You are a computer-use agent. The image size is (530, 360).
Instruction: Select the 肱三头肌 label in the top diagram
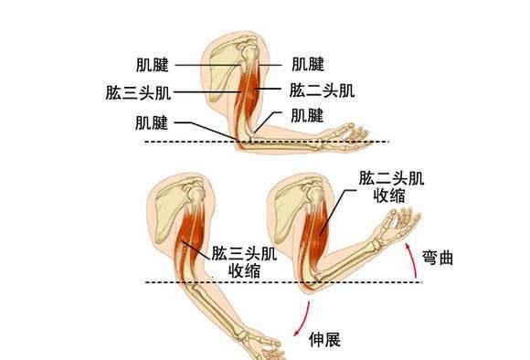[x=138, y=91]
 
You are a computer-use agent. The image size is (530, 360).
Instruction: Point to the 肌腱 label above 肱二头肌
[x=308, y=64]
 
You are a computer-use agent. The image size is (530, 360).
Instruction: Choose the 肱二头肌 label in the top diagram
[x=322, y=90]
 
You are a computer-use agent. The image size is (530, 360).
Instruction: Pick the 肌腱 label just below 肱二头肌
[x=307, y=115]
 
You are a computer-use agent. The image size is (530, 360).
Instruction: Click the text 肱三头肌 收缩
[x=243, y=260]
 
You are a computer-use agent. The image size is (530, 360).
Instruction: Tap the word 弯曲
[x=440, y=259]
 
